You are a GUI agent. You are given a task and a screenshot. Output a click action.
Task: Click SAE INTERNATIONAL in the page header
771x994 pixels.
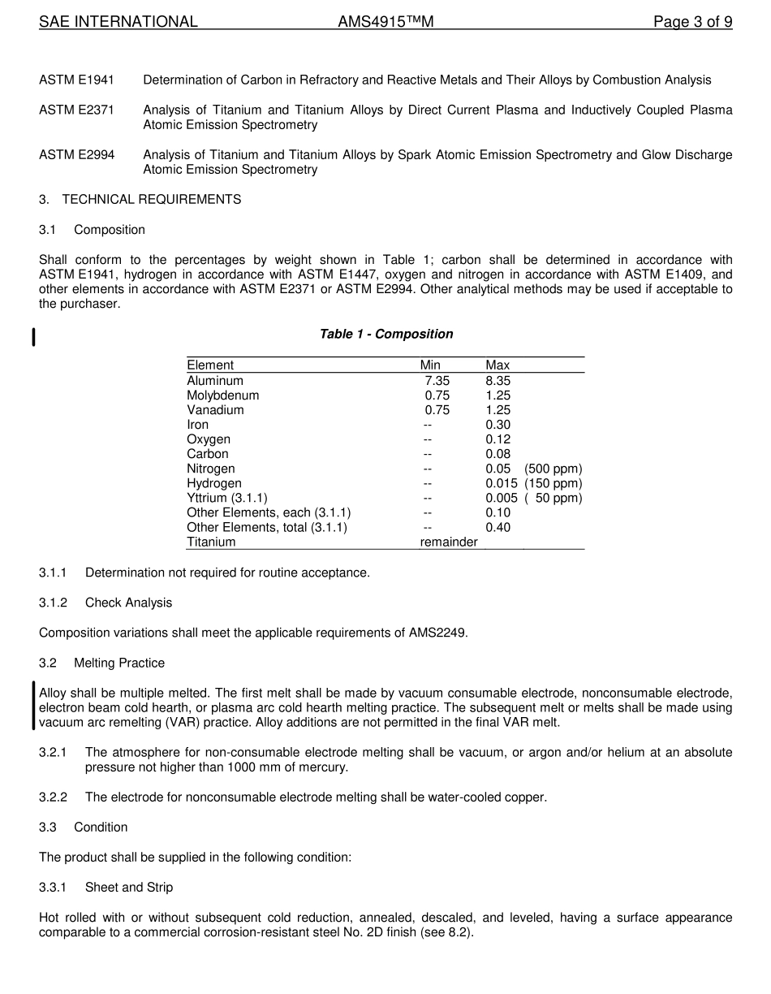(118, 22)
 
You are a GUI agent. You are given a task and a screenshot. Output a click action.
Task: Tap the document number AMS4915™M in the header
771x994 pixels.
(385, 22)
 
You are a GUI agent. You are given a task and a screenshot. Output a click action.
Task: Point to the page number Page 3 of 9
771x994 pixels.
(692, 22)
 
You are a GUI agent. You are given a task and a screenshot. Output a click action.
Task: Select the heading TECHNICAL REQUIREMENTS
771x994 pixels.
(151, 199)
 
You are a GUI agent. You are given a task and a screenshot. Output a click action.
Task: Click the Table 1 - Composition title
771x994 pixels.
(386, 334)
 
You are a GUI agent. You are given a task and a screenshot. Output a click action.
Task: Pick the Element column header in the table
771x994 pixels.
(210, 365)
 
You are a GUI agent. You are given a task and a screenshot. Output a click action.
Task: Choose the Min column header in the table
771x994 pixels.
(430, 365)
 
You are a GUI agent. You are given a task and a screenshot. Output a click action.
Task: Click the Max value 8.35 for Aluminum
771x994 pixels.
(498, 381)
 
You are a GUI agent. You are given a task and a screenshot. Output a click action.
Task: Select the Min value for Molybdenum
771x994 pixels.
(437, 395)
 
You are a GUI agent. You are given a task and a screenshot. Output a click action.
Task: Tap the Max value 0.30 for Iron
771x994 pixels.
(498, 425)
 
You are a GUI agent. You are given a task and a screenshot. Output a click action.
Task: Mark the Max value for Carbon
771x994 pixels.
(498, 454)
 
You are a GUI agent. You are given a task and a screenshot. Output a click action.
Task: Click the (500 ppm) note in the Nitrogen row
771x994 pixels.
(553, 469)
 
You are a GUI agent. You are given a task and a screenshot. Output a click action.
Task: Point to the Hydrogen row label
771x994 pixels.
(214, 483)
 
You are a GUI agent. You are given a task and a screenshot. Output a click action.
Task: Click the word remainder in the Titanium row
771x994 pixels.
(448, 542)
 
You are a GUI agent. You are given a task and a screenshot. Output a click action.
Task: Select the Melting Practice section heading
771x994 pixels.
(119, 663)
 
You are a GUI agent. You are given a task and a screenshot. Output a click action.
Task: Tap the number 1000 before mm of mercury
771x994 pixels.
(242, 767)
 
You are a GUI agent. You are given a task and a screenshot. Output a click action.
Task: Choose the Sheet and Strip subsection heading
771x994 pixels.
(129, 887)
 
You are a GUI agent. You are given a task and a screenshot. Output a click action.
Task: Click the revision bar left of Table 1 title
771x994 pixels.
(33, 337)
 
